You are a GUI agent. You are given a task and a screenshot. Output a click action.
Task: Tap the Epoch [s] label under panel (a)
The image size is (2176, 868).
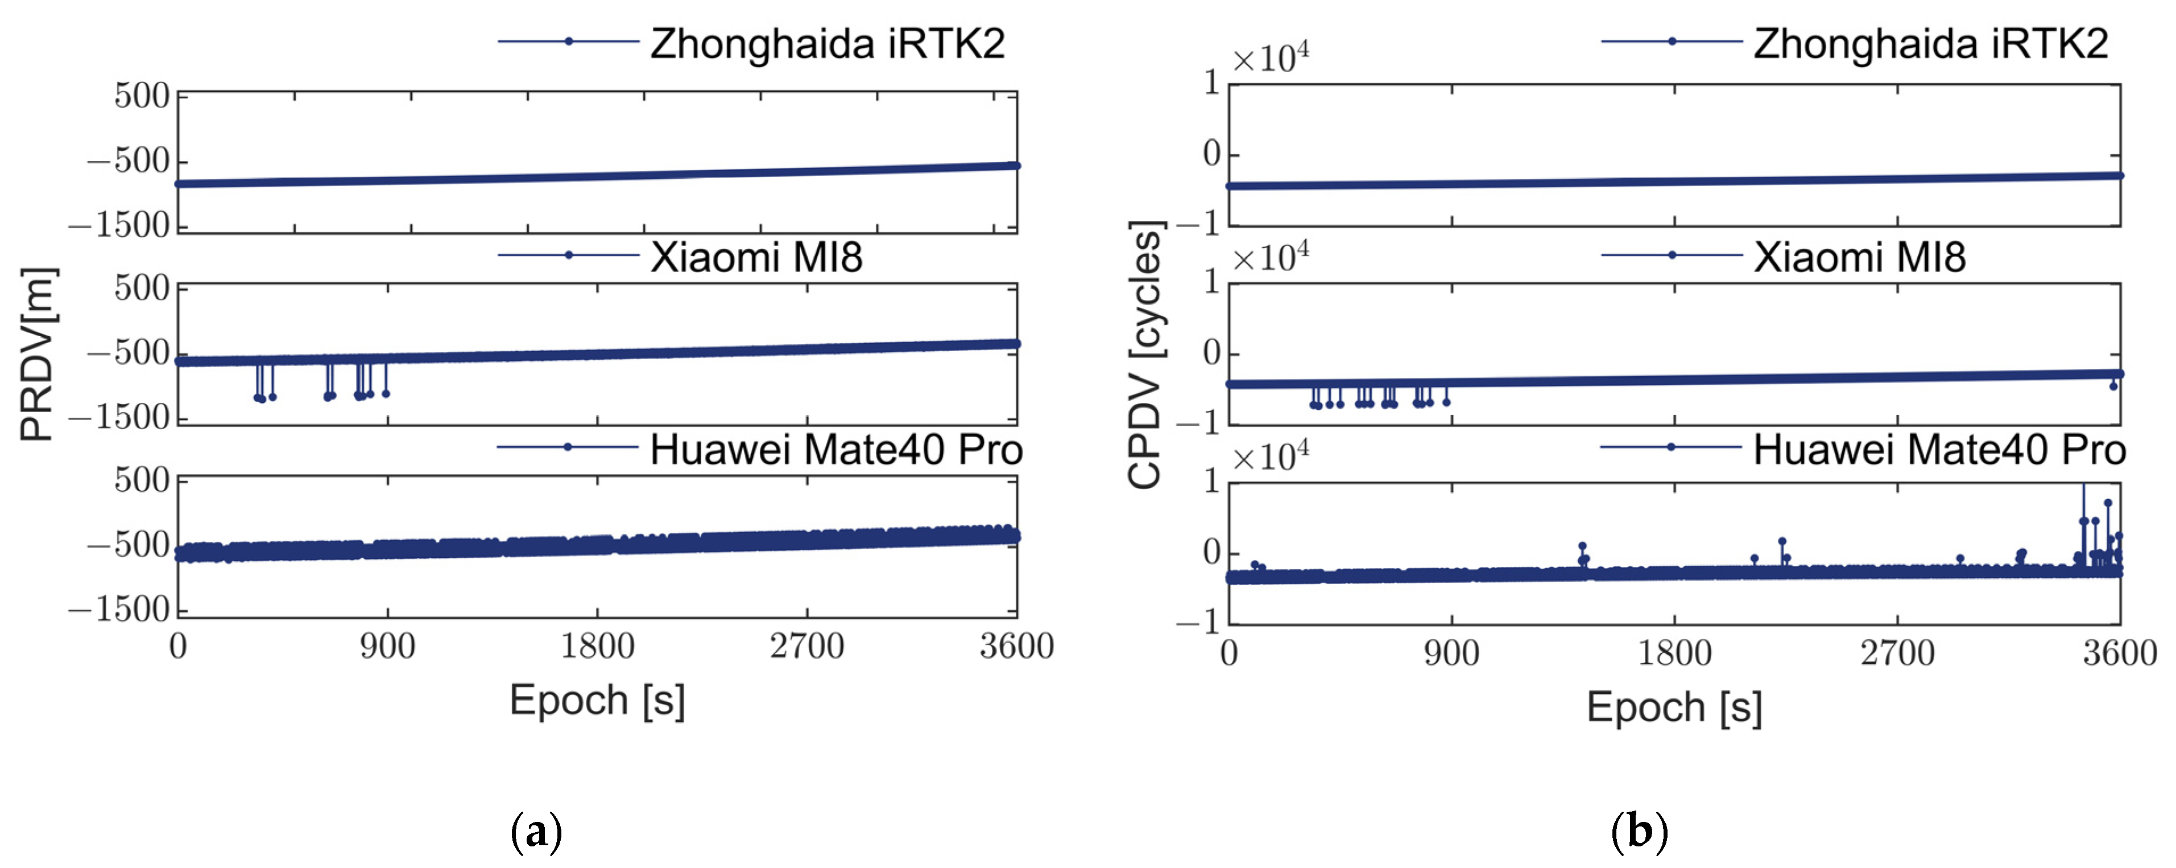597,701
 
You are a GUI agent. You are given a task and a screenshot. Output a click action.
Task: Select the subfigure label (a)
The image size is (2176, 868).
536,833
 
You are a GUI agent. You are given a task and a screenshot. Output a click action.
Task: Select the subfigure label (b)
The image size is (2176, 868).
1639,833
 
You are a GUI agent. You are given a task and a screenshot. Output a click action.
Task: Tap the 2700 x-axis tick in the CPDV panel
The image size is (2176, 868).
1897,654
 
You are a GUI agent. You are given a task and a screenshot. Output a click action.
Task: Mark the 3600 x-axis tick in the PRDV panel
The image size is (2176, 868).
1016,647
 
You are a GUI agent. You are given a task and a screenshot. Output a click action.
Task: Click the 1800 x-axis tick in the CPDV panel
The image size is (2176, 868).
1674,654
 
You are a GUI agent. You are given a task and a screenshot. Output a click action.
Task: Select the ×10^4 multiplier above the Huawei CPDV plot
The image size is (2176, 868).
1271,456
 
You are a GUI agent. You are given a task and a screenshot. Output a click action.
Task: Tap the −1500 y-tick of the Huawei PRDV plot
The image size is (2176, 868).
120,610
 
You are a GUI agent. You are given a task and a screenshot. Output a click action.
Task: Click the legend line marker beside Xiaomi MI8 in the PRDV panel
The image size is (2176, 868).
569,254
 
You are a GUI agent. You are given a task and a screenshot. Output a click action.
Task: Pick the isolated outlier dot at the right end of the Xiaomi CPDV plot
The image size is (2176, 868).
2113,386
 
